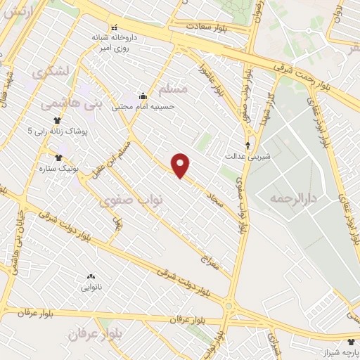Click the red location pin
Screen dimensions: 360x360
click(x=181, y=165)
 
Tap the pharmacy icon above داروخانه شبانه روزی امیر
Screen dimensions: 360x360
click(x=115, y=28)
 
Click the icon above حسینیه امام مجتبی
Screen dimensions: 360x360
click(x=143, y=96)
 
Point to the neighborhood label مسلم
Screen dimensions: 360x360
click(x=174, y=90)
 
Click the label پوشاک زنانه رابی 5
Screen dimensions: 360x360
click(x=61, y=131)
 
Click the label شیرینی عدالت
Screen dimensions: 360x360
click(x=243, y=155)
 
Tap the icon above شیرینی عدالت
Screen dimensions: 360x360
click(x=247, y=146)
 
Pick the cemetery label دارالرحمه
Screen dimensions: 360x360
click(x=292, y=199)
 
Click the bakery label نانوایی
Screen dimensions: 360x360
click(x=89, y=287)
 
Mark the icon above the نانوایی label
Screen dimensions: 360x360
click(x=89, y=277)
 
